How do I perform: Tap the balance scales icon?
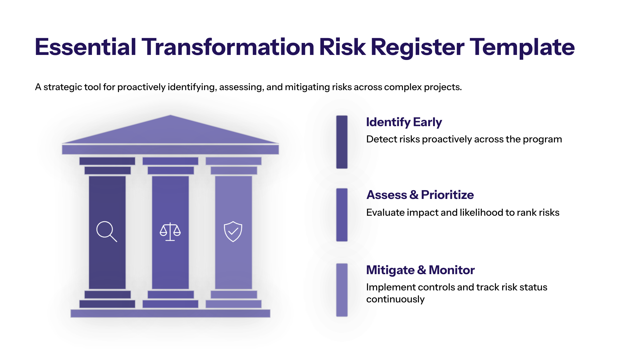[170, 232]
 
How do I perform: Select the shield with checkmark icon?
[233, 231]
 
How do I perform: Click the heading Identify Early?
[404, 122]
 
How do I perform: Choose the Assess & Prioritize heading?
[420, 195]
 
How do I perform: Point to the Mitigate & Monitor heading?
[421, 270]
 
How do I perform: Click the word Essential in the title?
[85, 47]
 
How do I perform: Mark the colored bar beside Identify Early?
[342, 142]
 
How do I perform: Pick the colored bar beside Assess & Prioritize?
[342, 215]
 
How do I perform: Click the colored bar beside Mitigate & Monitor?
[342, 290]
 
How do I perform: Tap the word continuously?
[395, 299]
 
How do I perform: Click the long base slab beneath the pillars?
[170, 313]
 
